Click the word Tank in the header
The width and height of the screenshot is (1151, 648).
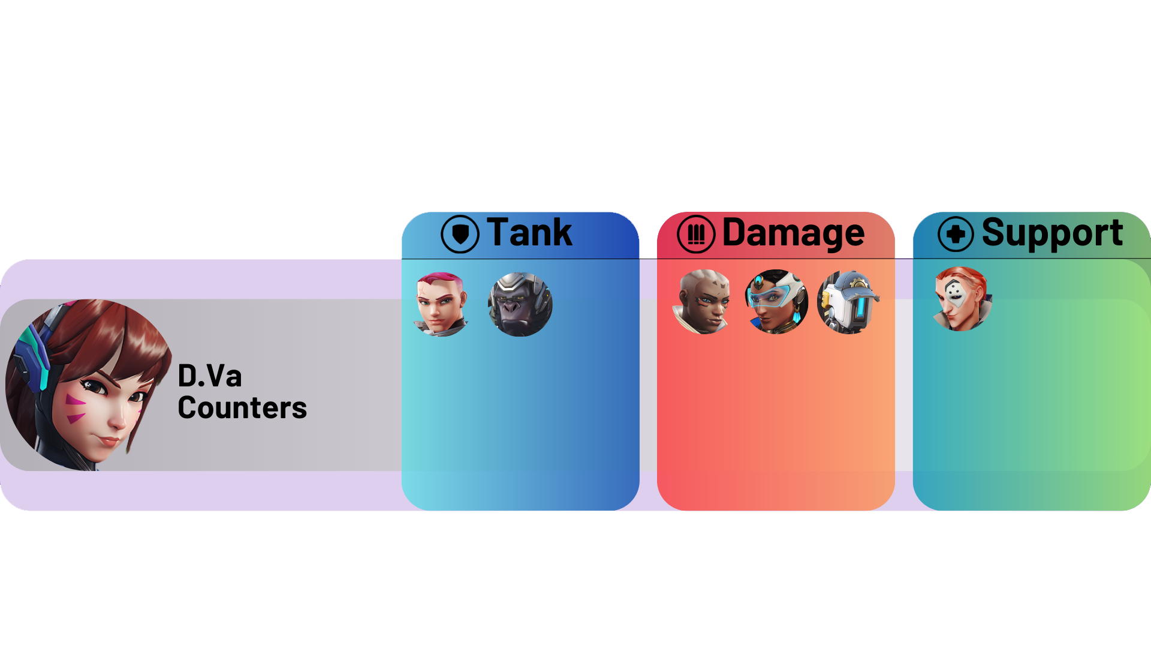pos(529,232)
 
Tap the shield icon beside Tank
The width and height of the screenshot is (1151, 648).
pos(460,234)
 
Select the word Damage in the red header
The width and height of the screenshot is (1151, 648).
pos(793,233)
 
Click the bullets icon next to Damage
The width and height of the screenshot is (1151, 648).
pos(696,234)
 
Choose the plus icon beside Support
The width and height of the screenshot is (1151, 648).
pos(956,234)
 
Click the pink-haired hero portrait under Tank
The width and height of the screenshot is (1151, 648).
pos(441,304)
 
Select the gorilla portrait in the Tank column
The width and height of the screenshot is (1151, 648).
pos(520,304)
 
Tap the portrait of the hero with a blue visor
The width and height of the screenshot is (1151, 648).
pos(776,302)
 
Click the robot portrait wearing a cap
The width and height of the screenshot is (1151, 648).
pos(848,302)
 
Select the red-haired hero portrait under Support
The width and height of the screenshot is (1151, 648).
pos(961,299)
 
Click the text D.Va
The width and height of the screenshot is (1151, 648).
pos(210,376)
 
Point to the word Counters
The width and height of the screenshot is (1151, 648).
pos(242,408)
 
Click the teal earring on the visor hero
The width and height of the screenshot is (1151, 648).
pos(797,316)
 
